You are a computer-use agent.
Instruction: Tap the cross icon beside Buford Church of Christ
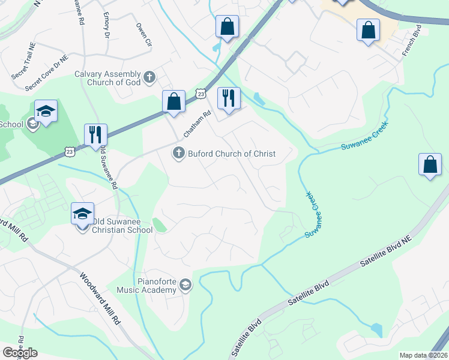(x=178, y=154)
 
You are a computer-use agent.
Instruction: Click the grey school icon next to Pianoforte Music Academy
(x=185, y=286)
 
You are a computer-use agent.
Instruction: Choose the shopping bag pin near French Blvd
(x=368, y=30)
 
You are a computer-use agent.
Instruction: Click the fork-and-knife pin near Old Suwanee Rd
(x=95, y=134)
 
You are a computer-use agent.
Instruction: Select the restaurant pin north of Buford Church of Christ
(x=228, y=98)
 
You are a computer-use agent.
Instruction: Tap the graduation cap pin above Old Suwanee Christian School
(x=83, y=213)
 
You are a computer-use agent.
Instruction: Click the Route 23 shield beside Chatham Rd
(x=201, y=93)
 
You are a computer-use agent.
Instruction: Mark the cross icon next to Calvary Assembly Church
(x=149, y=77)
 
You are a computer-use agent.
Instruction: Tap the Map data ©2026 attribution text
(x=423, y=355)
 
